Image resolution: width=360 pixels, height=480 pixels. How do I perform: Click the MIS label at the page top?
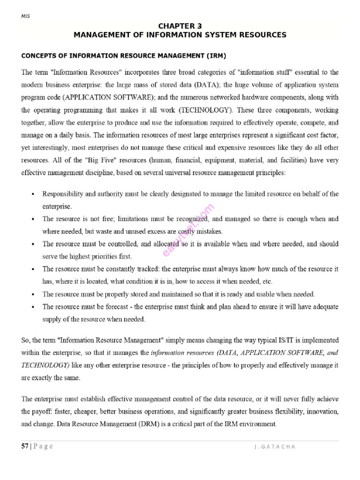pos(25,16)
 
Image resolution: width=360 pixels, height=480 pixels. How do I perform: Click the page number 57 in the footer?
pos(25,446)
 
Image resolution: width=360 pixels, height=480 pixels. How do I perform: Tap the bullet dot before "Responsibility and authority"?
pos(32,194)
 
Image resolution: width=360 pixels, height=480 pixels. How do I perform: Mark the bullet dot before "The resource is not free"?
pos(32,219)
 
